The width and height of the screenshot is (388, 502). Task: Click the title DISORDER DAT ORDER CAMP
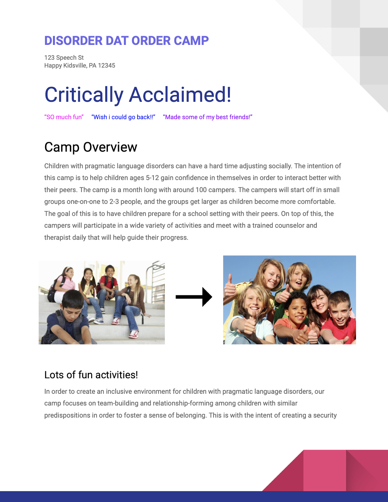coord(126,41)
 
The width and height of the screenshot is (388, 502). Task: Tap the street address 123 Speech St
coord(64,58)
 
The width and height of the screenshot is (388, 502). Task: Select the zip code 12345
coord(107,66)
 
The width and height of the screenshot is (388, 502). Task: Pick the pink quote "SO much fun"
coord(64,117)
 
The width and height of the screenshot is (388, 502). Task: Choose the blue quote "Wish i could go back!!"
coord(123,117)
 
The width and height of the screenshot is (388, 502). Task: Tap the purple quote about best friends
coord(208,117)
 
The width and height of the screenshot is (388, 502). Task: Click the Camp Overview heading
coord(91,147)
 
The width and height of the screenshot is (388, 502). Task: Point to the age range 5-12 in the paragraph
coord(152,178)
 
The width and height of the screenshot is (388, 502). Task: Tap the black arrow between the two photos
coord(194,297)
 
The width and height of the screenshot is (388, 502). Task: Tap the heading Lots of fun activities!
coord(91,375)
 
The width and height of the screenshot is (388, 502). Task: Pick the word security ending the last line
coord(325,415)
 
